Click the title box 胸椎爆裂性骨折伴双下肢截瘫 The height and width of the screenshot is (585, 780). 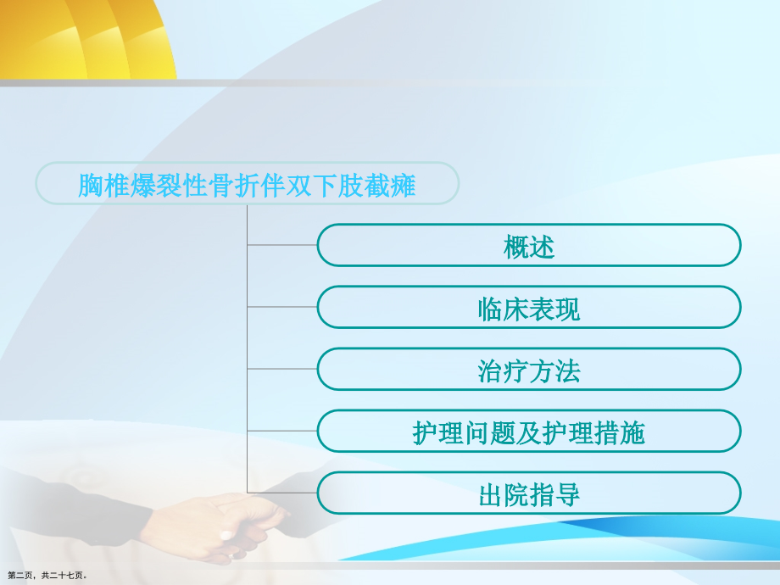(247, 183)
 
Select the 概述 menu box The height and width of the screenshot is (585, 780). (529, 246)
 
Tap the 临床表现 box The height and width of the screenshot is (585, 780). (529, 307)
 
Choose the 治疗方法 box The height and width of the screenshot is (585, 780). (529, 370)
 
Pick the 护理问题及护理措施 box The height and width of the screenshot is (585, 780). (529, 432)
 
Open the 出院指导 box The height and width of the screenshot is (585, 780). (529, 493)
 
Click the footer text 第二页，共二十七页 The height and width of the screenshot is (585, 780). (47, 575)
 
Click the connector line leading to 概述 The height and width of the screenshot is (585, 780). (281, 245)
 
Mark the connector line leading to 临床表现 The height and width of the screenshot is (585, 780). (281, 307)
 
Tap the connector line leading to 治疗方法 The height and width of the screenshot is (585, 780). (281, 369)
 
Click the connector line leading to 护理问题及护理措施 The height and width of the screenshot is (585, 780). (281, 431)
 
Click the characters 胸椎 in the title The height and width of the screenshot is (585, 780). (103, 184)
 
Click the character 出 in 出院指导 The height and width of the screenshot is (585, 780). (492, 494)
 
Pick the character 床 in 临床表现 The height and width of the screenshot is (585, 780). (517, 308)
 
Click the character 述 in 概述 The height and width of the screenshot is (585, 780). (542, 247)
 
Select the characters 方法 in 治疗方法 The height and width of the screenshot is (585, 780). (554, 370)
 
